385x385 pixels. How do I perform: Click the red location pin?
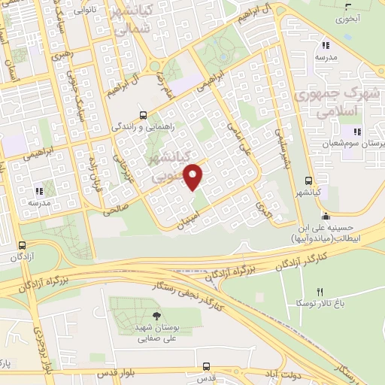tap(194, 177)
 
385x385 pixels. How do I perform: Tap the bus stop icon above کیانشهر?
tap(308, 180)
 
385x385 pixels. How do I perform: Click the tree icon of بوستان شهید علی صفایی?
tap(156, 316)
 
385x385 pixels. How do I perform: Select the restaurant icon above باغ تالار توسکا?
tap(320, 292)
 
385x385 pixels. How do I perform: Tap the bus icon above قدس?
tap(208, 365)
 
